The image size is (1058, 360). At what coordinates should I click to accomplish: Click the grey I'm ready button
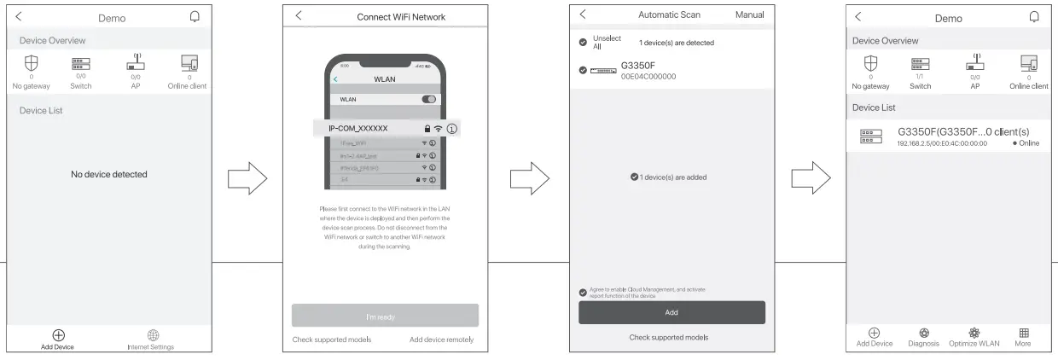[x=385, y=316]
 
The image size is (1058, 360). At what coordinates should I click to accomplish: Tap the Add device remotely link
[x=441, y=340]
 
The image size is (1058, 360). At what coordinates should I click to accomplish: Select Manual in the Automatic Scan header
[x=749, y=15]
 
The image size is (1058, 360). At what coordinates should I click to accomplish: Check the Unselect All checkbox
[x=583, y=42]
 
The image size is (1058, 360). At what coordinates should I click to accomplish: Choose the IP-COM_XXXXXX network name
[x=358, y=128]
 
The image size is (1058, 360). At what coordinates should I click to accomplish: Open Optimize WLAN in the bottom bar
[x=974, y=335]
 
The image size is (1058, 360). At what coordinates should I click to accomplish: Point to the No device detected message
[x=109, y=174]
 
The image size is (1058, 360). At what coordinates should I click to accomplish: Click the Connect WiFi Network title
[x=401, y=17]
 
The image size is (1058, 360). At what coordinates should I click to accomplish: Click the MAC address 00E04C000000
[x=648, y=77]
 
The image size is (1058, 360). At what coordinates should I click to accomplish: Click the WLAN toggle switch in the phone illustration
[x=429, y=99]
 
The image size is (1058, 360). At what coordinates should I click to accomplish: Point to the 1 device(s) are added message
[x=672, y=177]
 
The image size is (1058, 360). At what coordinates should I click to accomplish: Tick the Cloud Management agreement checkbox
[x=583, y=293]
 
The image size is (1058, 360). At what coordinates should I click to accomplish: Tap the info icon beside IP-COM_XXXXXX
[x=452, y=128]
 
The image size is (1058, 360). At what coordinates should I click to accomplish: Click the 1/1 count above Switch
[x=920, y=77]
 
